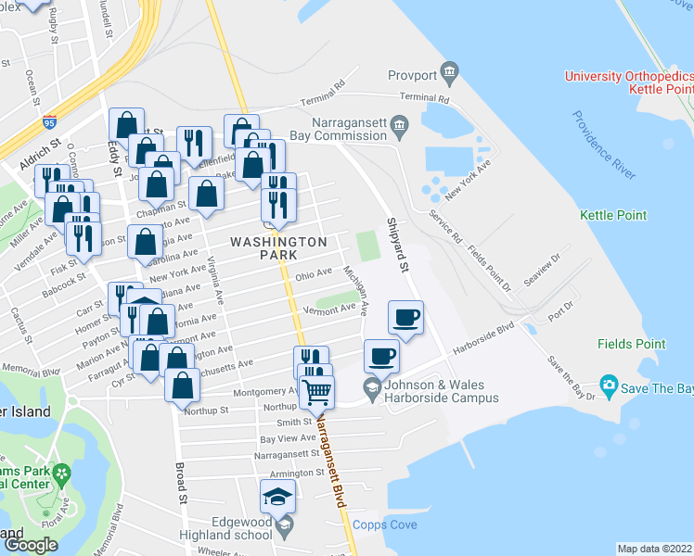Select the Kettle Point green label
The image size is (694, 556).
pos(613,215)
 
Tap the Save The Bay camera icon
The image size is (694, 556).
pos(609,384)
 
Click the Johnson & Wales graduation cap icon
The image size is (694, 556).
pos(371,388)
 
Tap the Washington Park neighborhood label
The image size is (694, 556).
pos(278,247)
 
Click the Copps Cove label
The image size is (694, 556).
pos(385,525)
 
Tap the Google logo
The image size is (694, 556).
pos(32,545)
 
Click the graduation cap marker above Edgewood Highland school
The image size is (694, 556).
pos(277,496)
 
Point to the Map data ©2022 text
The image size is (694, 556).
pos(653,549)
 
